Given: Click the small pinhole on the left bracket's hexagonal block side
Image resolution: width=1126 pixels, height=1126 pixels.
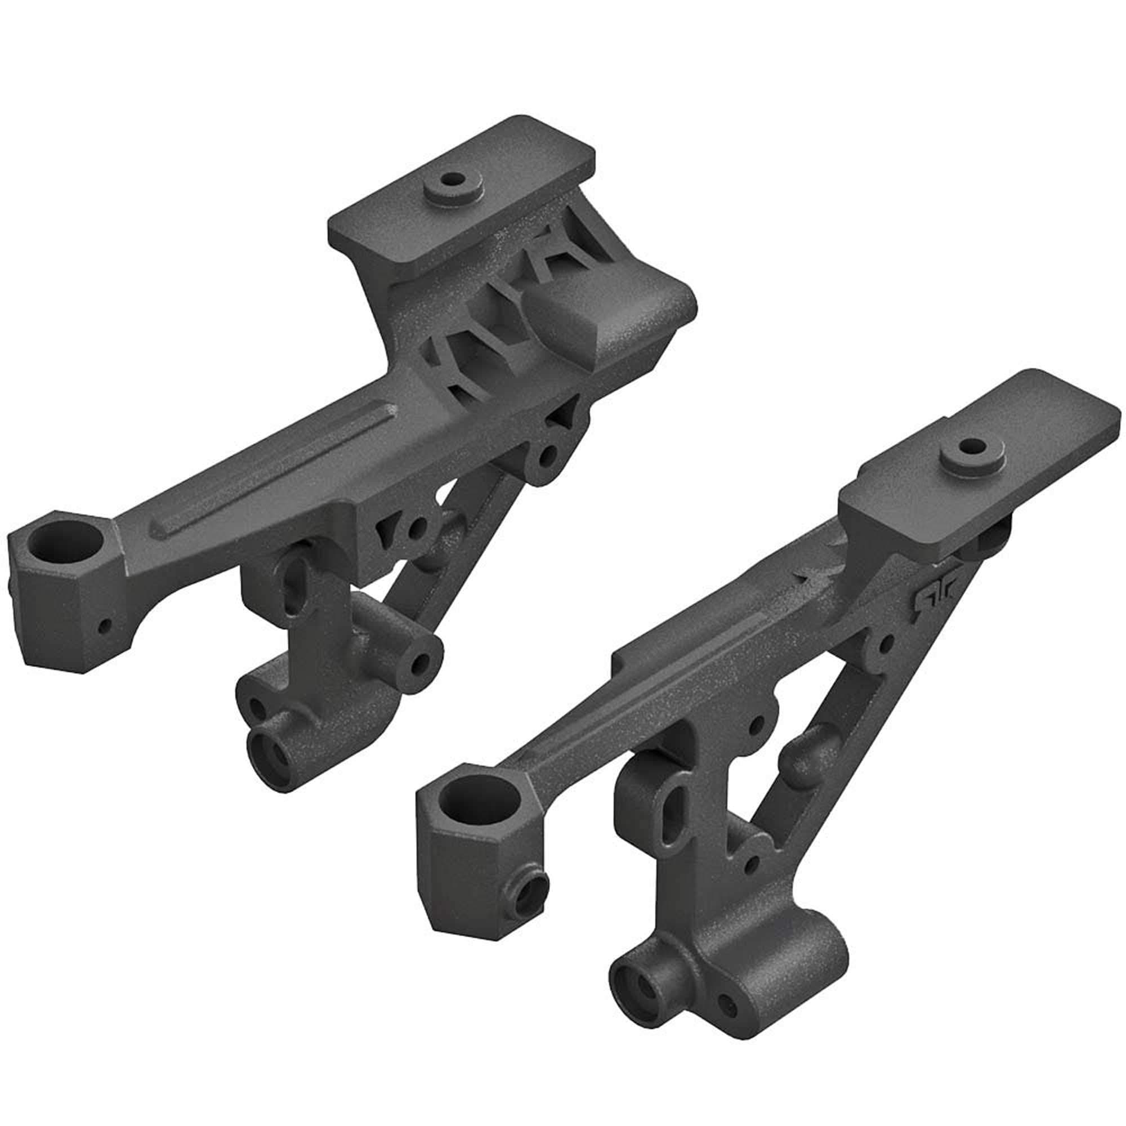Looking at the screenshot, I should click(104, 625).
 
